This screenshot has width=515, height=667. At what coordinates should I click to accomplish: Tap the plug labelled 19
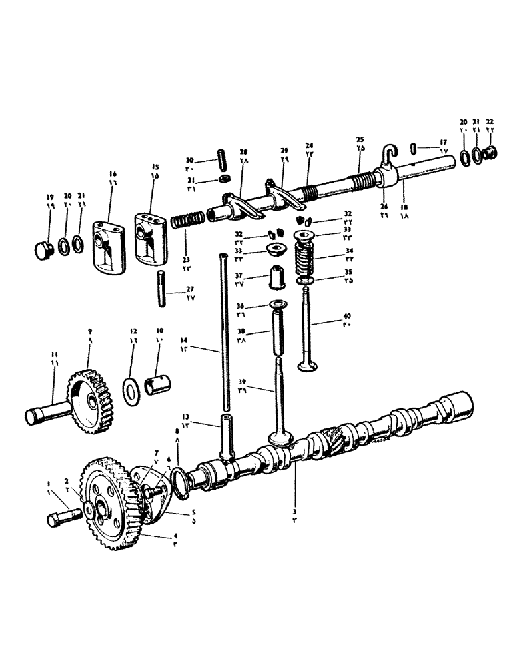tap(43, 251)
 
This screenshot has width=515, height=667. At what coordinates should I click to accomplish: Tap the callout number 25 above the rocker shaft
tap(360, 141)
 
